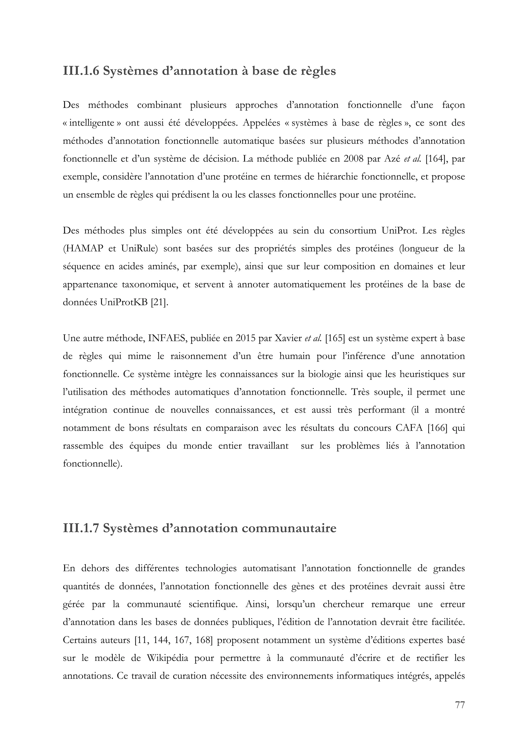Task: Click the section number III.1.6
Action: tap(81, 71)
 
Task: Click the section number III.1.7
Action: tap(81, 528)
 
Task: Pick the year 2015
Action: tap(246, 338)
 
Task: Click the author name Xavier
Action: tap(288, 338)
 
